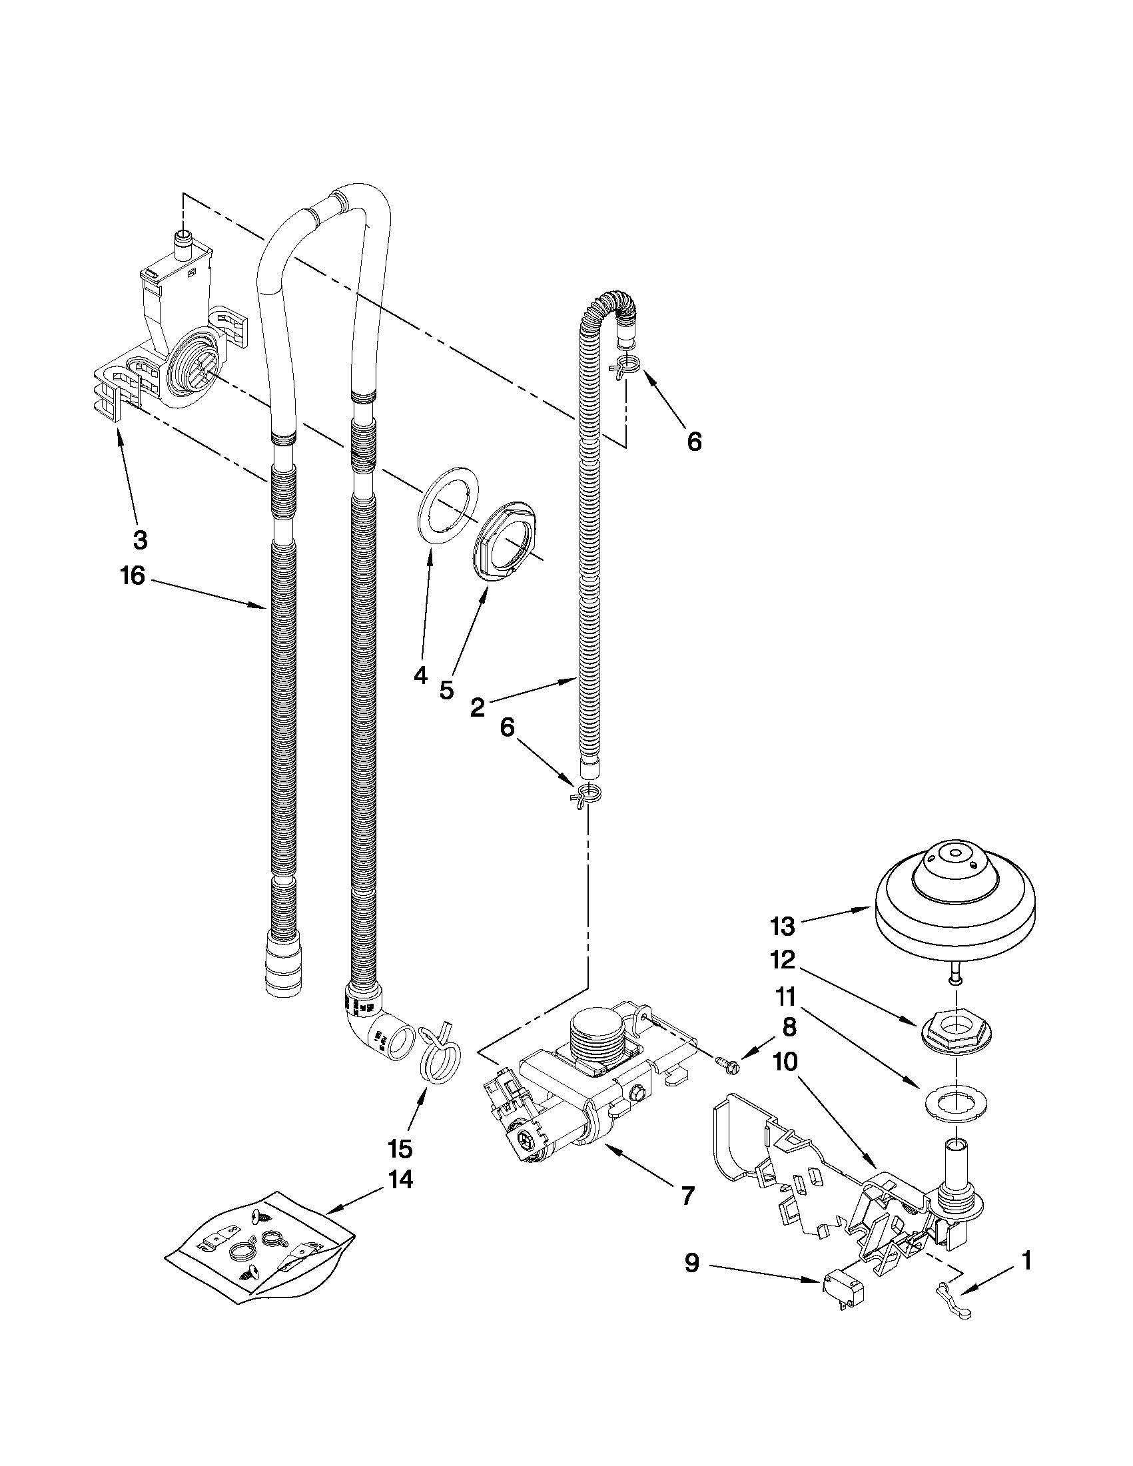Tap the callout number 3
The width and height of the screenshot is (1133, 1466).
coord(140,540)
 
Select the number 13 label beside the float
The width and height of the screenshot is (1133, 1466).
coord(782,926)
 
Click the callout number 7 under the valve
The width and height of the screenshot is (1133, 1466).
coord(687,1196)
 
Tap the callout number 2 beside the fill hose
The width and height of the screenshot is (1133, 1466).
coord(477,707)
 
